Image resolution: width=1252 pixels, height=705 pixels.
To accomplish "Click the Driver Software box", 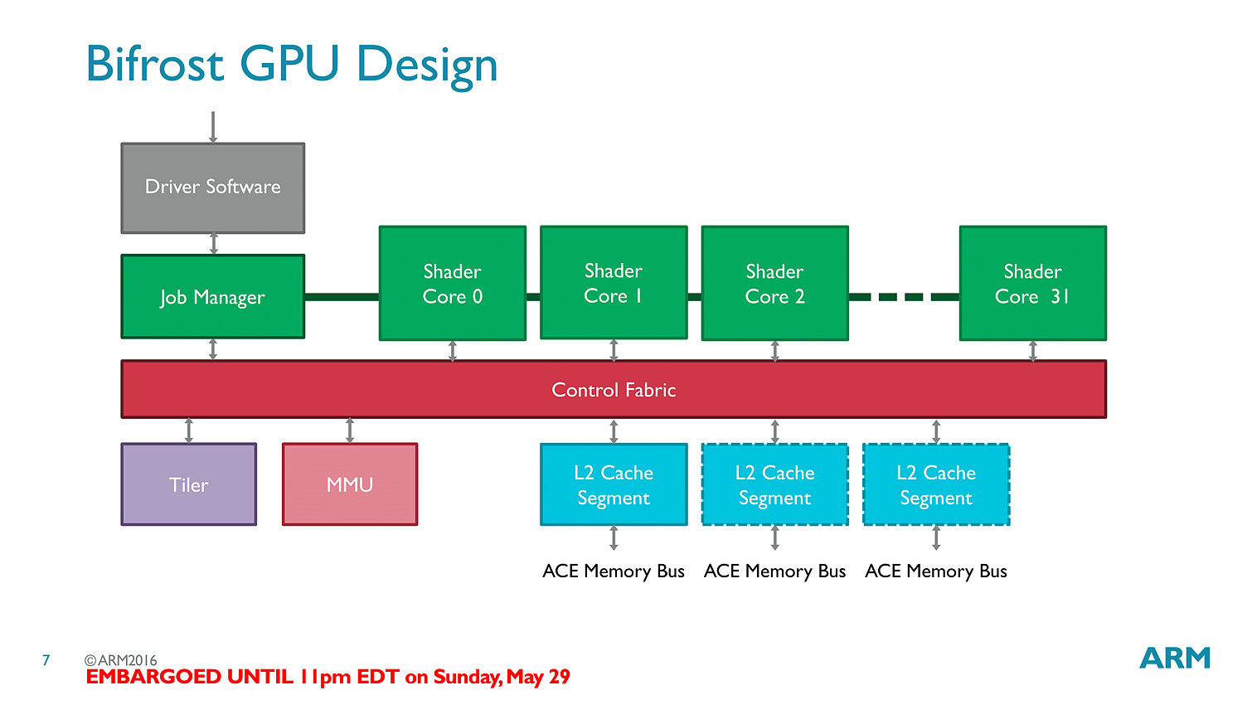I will [x=213, y=187].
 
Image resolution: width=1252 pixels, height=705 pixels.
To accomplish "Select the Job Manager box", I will [x=213, y=296].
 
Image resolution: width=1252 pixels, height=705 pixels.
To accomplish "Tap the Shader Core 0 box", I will [x=453, y=283].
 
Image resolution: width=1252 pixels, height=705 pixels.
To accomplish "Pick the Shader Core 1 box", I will [x=614, y=283].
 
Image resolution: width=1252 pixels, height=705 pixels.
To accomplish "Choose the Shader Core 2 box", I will [x=775, y=283].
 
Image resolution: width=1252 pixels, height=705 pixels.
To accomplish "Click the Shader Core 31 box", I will [x=1033, y=283].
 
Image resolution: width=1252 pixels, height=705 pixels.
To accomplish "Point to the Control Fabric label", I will [x=614, y=390].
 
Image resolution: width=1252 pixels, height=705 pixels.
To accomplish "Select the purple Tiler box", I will [x=189, y=484].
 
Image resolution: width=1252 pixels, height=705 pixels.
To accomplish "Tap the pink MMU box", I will [x=350, y=484].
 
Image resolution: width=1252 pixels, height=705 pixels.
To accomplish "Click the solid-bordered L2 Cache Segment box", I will [x=614, y=484].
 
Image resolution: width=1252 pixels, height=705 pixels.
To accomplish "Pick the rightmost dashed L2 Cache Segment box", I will [x=936, y=484].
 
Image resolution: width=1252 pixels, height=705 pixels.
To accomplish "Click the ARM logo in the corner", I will [x=1175, y=658].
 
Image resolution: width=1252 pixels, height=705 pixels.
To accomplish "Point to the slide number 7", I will [x=46, y=660].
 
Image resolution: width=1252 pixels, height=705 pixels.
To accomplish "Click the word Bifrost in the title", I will [x=155, y=65].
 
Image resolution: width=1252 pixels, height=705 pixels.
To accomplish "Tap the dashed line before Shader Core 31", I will [x=904, y=297].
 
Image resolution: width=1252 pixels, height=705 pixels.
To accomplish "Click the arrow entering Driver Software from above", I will [x=213, y=127].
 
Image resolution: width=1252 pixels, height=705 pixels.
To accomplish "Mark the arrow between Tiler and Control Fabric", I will [x=189, y=430].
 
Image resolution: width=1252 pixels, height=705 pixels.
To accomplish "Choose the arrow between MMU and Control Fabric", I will [x=350, y=430].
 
